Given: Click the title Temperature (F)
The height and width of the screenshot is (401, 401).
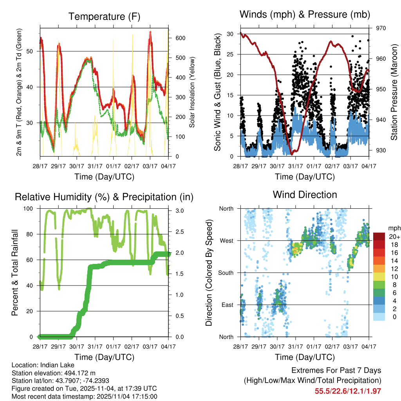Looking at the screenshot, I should click(104, 16).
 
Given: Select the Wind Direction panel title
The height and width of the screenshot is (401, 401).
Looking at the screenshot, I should click(305, 195).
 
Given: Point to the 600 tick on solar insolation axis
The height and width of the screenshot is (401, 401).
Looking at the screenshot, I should click(180, 38).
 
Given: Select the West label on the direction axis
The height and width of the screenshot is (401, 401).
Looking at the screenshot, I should click(226, 240).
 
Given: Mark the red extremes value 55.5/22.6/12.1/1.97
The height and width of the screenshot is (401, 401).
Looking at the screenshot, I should click(348, 391).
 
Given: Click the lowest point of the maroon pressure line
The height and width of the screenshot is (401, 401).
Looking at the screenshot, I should click(291, 154).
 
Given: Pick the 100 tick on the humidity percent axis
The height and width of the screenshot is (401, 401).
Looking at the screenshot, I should click(30, 209).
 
